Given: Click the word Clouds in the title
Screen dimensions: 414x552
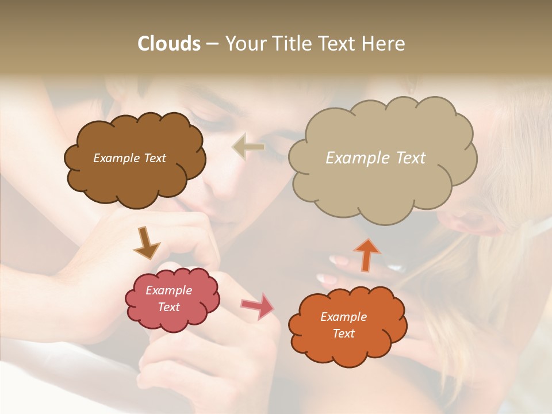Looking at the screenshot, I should [x=169, y=44].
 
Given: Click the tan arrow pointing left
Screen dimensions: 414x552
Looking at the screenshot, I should [x=248, y=147].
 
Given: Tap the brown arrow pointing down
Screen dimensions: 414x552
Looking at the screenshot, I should [x=146, y=243].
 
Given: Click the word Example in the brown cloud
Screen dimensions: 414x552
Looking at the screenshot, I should [x=114, y=158].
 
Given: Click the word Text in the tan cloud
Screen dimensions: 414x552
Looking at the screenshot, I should [x=410, y=158].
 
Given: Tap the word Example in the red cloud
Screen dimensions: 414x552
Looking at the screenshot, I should [x=168, y=291].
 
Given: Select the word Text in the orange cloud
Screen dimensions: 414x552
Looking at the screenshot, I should [x=343, y=333].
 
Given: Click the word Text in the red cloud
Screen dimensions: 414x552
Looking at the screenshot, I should [x=168, y=307].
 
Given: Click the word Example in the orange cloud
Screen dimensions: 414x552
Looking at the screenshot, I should [x=343, y=317].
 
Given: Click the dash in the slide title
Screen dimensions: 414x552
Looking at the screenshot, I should [x=212, y=44].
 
